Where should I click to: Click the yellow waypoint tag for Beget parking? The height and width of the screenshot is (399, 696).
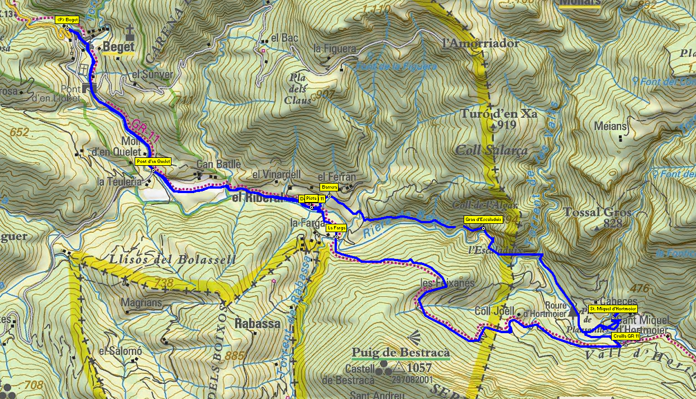(66, 20)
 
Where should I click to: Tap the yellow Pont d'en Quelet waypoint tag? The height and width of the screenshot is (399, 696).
(153, 162)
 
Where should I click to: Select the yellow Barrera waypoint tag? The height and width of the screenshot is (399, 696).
(329, 187)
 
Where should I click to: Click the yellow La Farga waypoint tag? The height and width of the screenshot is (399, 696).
(336, 228)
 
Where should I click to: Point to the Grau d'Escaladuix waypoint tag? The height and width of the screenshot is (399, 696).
(483, 220)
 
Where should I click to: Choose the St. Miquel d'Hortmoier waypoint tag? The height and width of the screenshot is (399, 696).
(613, 309)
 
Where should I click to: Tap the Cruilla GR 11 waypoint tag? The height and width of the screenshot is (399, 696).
(626, 336)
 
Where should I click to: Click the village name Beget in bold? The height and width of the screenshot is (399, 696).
(118, 48)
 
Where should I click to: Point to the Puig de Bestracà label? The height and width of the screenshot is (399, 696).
(401, 353)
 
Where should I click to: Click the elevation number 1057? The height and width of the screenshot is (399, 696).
(419, 368)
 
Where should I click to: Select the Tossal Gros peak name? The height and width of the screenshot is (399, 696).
(597, 213)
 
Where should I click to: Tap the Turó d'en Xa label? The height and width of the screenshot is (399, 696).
(499, 114)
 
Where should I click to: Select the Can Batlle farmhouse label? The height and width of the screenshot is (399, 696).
(218, 164)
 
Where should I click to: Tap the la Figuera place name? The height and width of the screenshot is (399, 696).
(335, 49)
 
